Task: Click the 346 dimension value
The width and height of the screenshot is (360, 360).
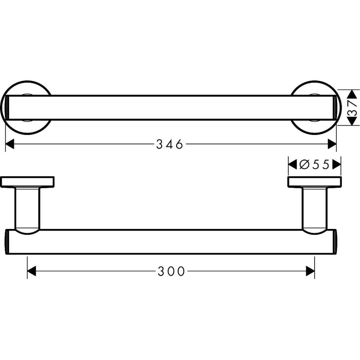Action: point(170,144)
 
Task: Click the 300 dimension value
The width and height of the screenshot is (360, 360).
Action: point(171,271)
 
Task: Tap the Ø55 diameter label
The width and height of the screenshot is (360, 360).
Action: point(315,165)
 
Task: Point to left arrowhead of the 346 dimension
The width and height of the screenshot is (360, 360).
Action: point(10,144)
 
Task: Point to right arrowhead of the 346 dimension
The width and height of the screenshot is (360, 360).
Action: point(332,144)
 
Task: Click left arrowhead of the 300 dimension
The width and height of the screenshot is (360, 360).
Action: point(32,271)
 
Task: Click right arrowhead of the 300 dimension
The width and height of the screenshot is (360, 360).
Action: point(310,271)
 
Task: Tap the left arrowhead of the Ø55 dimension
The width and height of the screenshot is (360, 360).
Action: point(293,165)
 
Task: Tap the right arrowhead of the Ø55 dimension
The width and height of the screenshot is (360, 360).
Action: point(337,165)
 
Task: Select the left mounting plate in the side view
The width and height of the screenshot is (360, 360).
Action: point(27,182)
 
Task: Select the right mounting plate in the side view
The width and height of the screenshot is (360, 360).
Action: point(315,182)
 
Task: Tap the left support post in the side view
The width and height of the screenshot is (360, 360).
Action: point(27,209)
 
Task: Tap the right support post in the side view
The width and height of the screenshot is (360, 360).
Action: point(315,209)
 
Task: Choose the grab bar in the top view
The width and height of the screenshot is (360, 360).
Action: point(171,108)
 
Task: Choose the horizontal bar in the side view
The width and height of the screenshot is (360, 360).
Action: point(171,242)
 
